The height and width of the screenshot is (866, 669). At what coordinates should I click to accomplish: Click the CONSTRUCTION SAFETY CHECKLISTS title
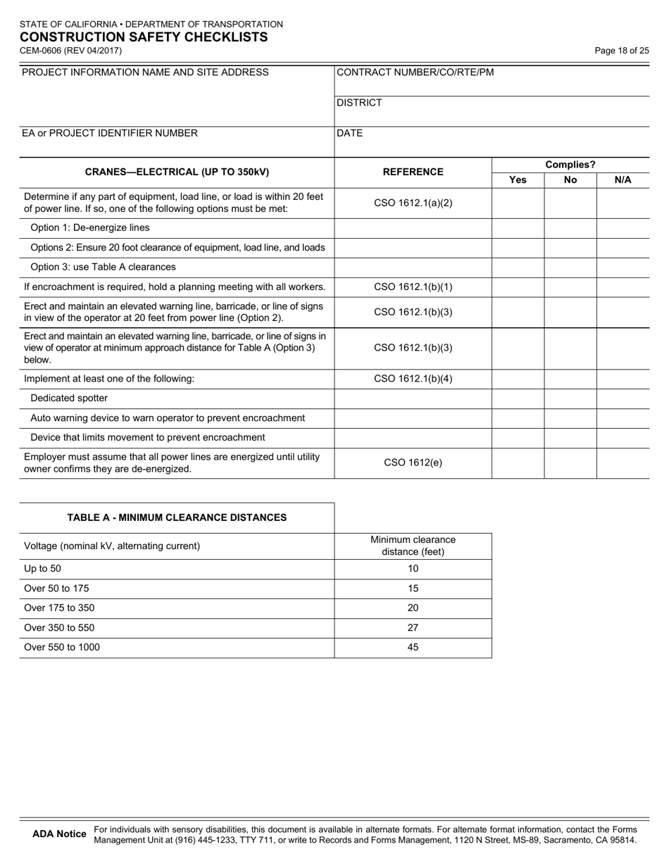tap(144, 37)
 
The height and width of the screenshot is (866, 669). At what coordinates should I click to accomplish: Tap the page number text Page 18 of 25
tap(622, 51)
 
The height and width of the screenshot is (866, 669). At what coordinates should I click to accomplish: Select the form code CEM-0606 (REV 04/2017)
tap(70, 51)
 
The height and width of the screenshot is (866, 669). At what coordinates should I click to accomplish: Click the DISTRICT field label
tap(360, 103)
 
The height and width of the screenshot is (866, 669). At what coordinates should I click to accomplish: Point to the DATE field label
tap(350, 133)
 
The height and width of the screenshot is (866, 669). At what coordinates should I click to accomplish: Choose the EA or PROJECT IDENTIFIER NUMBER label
tap(110, 133)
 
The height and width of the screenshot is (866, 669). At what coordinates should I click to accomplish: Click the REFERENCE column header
tap(413, 172)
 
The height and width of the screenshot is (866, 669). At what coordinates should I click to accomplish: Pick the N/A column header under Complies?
tap(623, 180)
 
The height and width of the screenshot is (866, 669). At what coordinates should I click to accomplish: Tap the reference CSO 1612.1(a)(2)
tap(413, 203)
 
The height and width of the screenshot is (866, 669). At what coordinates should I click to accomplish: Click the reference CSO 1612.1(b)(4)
tap(413, 379)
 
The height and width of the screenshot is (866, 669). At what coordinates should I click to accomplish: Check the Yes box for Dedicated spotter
tap(518, 399)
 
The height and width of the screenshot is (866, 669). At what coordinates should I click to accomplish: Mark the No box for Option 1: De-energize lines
tap(570, 228)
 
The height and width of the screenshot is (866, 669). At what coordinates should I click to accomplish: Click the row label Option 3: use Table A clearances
tap(104, 268)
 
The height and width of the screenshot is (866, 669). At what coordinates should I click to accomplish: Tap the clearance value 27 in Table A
tap(413, 628)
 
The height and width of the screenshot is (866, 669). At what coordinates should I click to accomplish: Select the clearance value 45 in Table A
tap(413, 648)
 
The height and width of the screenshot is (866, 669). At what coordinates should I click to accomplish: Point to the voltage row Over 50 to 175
tap(57, 589)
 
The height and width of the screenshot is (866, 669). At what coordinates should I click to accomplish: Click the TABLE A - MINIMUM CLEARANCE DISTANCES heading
tap(177, 517)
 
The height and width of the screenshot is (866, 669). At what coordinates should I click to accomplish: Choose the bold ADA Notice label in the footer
tap(60, 834)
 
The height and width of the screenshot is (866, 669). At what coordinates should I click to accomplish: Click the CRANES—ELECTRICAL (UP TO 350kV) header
tap(177, 172)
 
